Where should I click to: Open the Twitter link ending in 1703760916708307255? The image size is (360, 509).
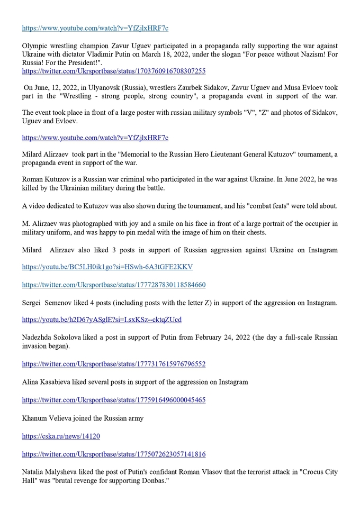click(x=113, y=70)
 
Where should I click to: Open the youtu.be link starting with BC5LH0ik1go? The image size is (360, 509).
click(x=107, y=267)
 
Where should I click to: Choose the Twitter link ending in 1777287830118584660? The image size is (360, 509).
click(x=113, y=285)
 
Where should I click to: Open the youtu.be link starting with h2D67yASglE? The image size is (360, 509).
click(x=101, y=320)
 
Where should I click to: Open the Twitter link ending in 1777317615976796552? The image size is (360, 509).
click(x=113, y=364)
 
